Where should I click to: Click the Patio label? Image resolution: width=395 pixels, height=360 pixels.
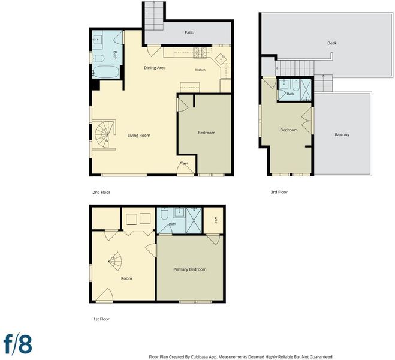point(189,32)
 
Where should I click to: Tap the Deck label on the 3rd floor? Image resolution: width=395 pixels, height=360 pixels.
point(332,43)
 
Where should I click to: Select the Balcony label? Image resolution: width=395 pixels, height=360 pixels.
point(342,134)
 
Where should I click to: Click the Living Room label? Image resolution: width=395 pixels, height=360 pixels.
point(139,136)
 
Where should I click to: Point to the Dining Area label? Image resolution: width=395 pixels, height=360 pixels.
point(155,68)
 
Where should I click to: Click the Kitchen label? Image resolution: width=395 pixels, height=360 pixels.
point(200,70)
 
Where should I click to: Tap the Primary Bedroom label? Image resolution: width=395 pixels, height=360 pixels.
point(189,269)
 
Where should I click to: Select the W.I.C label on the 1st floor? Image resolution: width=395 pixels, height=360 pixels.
point(216,220)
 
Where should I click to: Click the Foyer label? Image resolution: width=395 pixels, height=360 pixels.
point(184,163)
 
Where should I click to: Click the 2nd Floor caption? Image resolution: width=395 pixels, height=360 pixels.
point(101,192)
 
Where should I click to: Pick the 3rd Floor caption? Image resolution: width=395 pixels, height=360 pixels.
point(279,192)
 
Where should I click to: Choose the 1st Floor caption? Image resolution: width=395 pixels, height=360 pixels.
point(101,319)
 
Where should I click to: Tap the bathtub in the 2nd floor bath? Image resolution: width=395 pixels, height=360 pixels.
point(105,72)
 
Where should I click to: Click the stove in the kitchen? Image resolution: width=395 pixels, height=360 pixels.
point(200,53)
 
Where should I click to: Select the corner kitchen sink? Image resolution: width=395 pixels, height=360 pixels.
point(221,58)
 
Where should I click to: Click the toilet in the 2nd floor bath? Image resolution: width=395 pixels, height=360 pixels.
point(98,58)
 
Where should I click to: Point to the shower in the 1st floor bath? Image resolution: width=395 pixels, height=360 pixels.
point(194,220)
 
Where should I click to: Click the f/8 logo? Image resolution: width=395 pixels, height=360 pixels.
point(18,344)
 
